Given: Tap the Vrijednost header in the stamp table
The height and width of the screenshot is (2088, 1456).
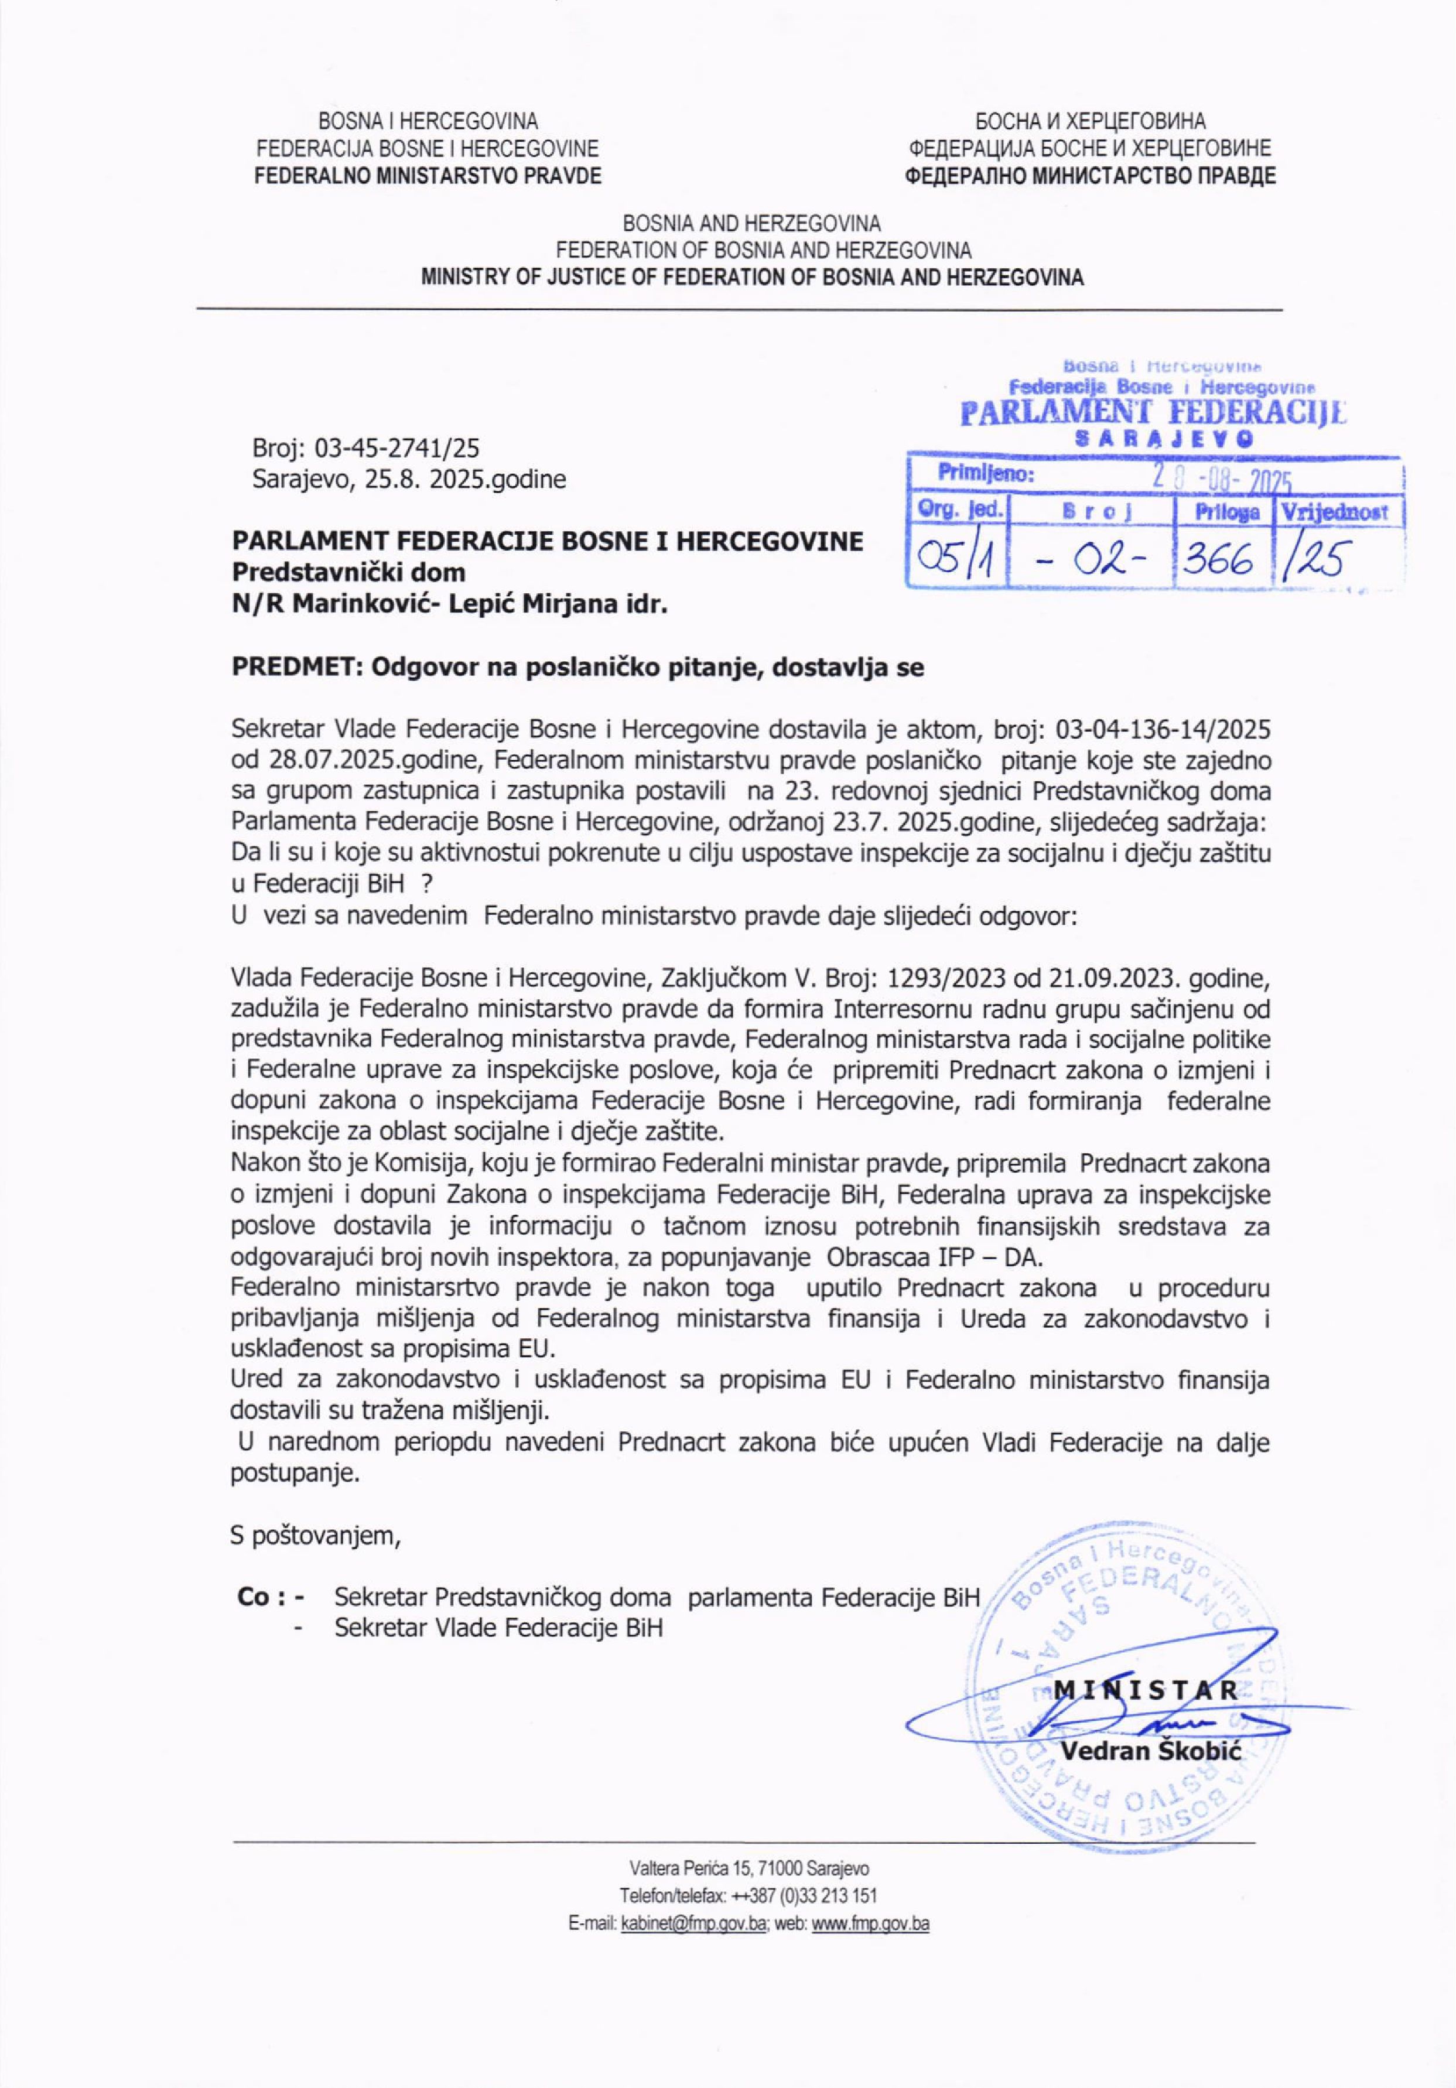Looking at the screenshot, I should (x=1334, y=512).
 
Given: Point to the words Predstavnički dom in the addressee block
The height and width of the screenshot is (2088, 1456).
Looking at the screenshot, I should (x=348, y=572).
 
